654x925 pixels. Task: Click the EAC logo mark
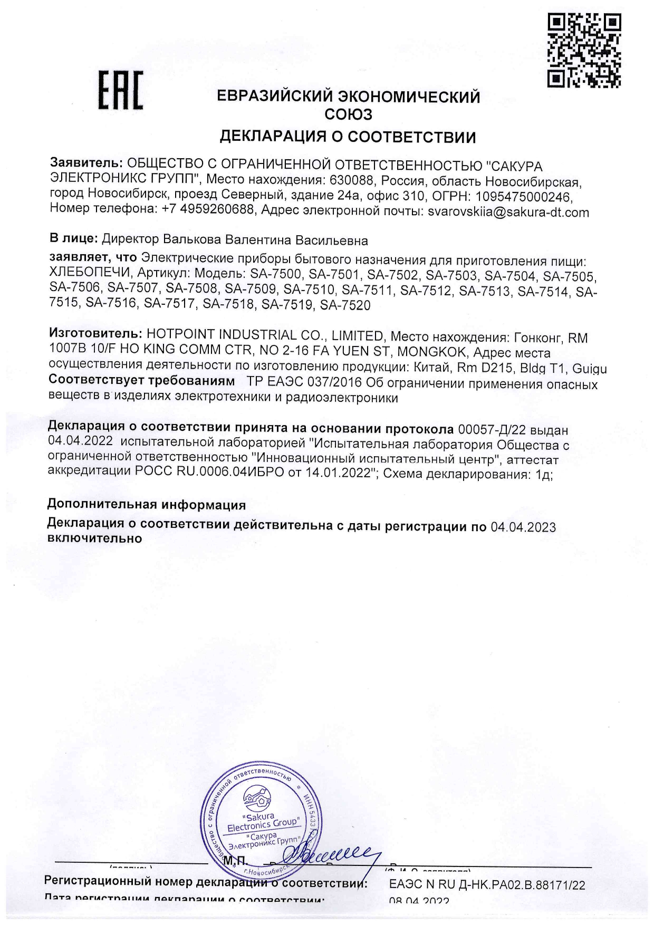coord(121,91)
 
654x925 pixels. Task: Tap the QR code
coord(584,50)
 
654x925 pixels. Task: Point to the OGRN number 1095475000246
coord(524,197)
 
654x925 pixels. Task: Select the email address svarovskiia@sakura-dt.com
coord(508,213)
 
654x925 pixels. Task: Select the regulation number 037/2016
coord(338,383)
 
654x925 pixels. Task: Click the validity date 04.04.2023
coord(523,527)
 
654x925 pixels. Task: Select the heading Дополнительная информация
coord(147,504)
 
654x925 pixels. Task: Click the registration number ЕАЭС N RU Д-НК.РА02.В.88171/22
coord(486,885)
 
